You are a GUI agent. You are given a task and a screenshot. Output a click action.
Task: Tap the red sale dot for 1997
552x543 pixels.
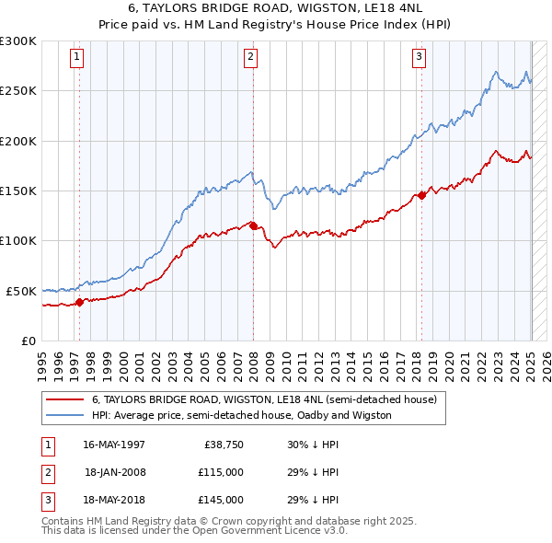tap(79, 301)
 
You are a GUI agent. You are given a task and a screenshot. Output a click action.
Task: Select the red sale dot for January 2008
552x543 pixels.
tap(253, 225)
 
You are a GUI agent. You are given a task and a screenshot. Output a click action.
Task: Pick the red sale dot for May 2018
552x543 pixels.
tap(421, 195)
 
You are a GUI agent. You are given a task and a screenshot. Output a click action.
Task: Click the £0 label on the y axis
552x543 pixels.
tap(29, 341)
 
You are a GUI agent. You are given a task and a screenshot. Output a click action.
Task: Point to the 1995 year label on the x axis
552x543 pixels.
tap(41, 363)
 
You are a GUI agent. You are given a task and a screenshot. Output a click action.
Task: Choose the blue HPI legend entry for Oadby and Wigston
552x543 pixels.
tap(241, 415)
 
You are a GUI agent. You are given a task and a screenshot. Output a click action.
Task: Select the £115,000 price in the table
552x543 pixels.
tap(221, 472)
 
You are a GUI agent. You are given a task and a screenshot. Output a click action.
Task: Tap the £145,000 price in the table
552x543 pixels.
tap(221, 500)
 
